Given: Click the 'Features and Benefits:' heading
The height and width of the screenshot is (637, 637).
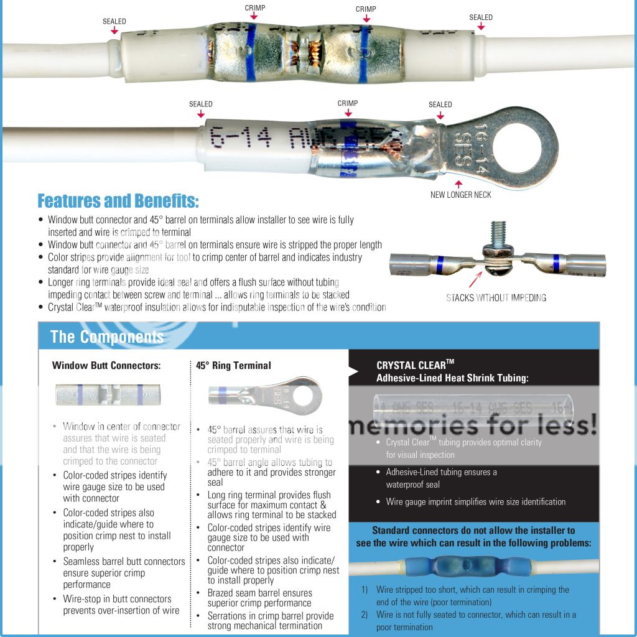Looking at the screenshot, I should (118, 202).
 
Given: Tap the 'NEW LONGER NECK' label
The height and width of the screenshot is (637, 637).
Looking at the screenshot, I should (460, 195).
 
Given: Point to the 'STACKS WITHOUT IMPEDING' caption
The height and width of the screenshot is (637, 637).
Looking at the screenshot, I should (496, 297).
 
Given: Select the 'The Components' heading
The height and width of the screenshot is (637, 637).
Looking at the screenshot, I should (106, 337).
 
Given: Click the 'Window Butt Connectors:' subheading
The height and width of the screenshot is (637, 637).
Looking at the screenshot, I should (106, 366).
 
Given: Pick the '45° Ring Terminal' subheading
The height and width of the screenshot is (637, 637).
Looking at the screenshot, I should (233, 366).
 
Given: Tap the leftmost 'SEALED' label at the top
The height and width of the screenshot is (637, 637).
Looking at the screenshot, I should (114, 22).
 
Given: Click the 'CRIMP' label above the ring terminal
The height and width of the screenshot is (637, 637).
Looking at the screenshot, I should (348, 103).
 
